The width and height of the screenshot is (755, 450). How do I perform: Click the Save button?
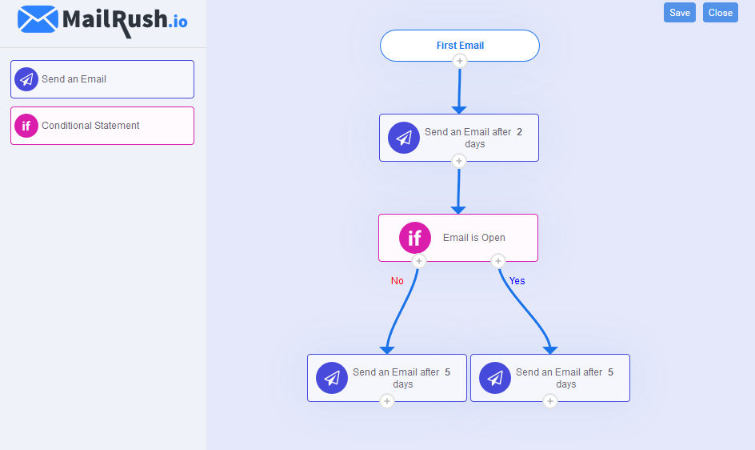click(679, 13)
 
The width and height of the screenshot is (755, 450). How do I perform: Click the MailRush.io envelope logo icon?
click(38, 19)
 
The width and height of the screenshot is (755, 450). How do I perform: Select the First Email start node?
click(460, 46)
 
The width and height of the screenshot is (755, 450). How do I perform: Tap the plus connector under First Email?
click(459, 61)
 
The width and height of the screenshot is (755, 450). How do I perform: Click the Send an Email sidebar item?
click(102, 79)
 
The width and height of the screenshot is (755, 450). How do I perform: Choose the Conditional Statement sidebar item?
click(102, 126)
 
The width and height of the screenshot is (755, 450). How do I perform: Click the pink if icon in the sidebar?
click(26, 126)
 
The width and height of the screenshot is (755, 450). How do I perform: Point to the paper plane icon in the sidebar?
click(26, 79)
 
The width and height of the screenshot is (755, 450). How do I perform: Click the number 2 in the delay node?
click(519, 132)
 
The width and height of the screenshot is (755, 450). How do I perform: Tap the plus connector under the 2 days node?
click(458, 161)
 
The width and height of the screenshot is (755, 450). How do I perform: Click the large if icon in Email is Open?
click(415, 238)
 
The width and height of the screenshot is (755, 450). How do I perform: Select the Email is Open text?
click(474, 238)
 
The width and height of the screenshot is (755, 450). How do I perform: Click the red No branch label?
click(397, 281)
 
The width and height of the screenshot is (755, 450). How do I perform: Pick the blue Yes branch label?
click(517, 281)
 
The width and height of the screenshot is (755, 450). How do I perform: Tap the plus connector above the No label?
click(418, 261)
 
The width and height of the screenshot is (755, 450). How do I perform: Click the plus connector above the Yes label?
click(498, 261)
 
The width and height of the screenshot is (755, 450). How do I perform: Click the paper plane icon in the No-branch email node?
click(332, 378)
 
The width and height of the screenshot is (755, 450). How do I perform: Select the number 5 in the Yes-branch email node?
click(610, 372)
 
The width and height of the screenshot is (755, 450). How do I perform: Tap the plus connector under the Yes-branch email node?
click(549, 401)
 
